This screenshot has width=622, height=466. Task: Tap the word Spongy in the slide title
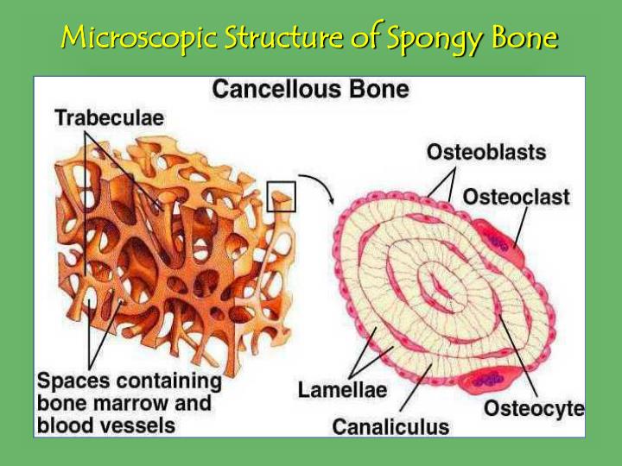click(417, 39)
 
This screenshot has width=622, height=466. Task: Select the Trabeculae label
click(110, 119)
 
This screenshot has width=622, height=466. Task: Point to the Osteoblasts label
click(486, 152)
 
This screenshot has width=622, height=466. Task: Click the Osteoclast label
click(517, 197)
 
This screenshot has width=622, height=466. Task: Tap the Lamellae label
click(342, 389)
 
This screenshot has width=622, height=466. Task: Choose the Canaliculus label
click(390, 425)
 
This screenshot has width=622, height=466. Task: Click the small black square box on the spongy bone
click(282, 197)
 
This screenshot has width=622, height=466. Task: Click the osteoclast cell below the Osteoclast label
click(505, 232)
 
